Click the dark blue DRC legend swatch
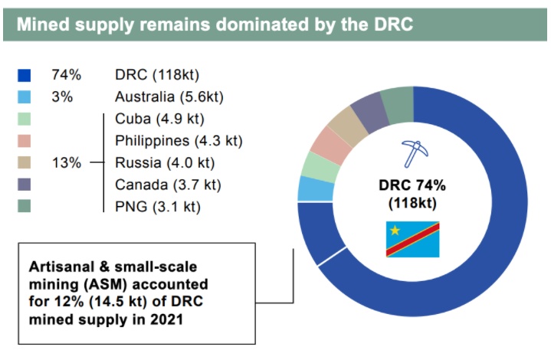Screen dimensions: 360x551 pos(24,75)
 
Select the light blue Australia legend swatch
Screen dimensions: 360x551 pos(24,97)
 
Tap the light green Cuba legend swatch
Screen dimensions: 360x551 pos(24,119)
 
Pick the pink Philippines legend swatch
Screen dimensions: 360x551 pos(24,141)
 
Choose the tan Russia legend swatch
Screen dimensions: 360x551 pos(24,163)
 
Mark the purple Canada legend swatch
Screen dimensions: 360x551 pos(24,185)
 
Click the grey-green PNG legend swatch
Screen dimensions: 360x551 pos(24,207)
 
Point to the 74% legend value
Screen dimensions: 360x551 pos(67,75)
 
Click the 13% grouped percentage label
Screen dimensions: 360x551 pos(67,163)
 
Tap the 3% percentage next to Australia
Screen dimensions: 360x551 pos(61,97)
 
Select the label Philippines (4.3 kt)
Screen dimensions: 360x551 pos(178,141)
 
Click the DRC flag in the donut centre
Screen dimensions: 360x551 pos(412,237)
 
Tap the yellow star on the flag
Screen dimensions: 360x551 pos(395,230)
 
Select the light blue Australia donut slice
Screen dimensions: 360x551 pos(309,188)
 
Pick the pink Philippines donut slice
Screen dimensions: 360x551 pos(327,142)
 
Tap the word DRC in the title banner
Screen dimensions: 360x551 pos(389,24)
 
